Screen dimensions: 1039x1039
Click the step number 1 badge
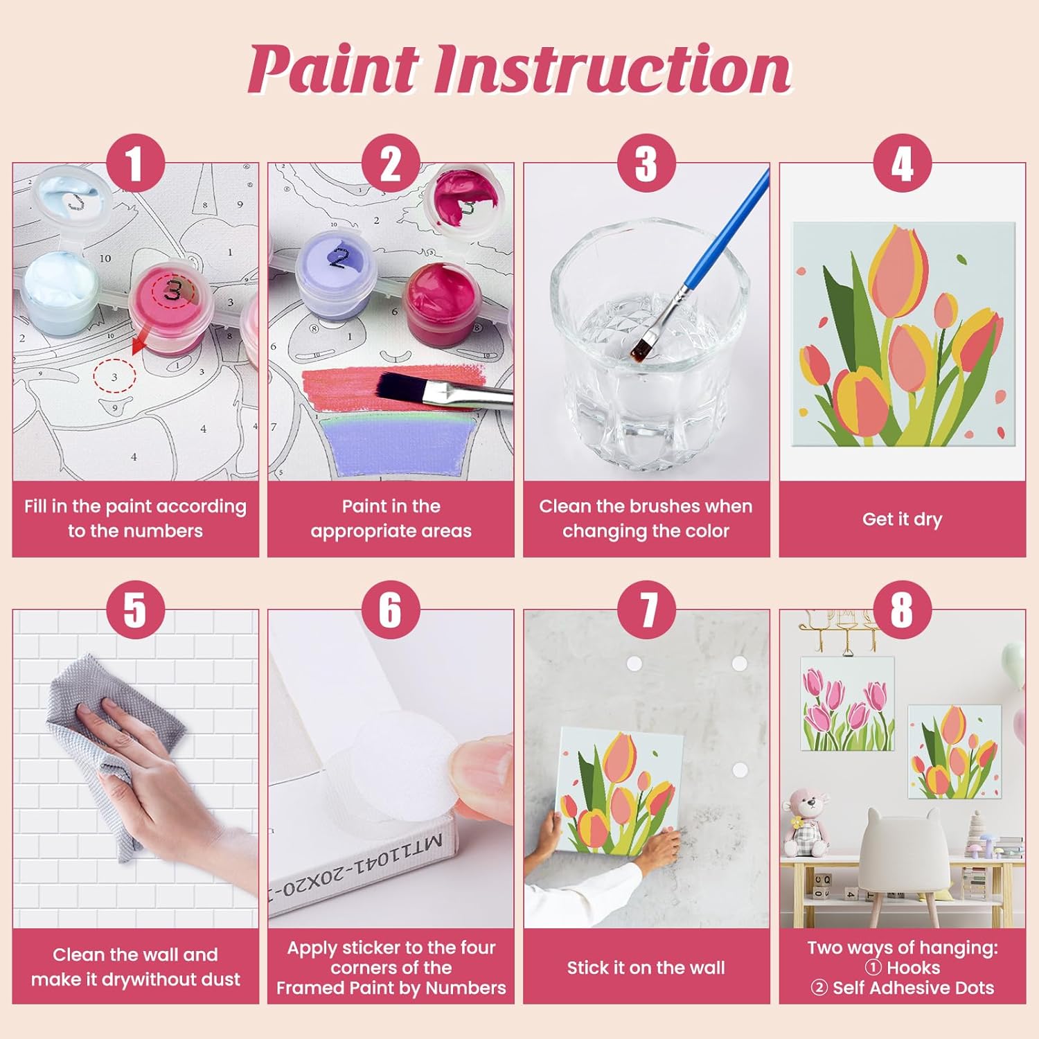pyautogui.click(x=135, y=163)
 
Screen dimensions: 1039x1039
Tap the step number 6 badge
pyautogui.click(x=391, y=610)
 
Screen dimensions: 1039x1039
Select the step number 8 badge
pyautogui.click(x=902, y=610)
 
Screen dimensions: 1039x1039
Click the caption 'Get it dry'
pyautogui.click(x=902, y=519)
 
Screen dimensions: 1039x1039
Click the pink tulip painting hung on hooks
pyautogui.click(x=848, y=704)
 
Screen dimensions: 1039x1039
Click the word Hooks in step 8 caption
pyautogui.click(x=913, y=968)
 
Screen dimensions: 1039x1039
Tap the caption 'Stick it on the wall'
pyautogui.click(x=646, y=968)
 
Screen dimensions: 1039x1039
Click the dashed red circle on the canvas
pyautogui.click(x=115, y=376)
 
